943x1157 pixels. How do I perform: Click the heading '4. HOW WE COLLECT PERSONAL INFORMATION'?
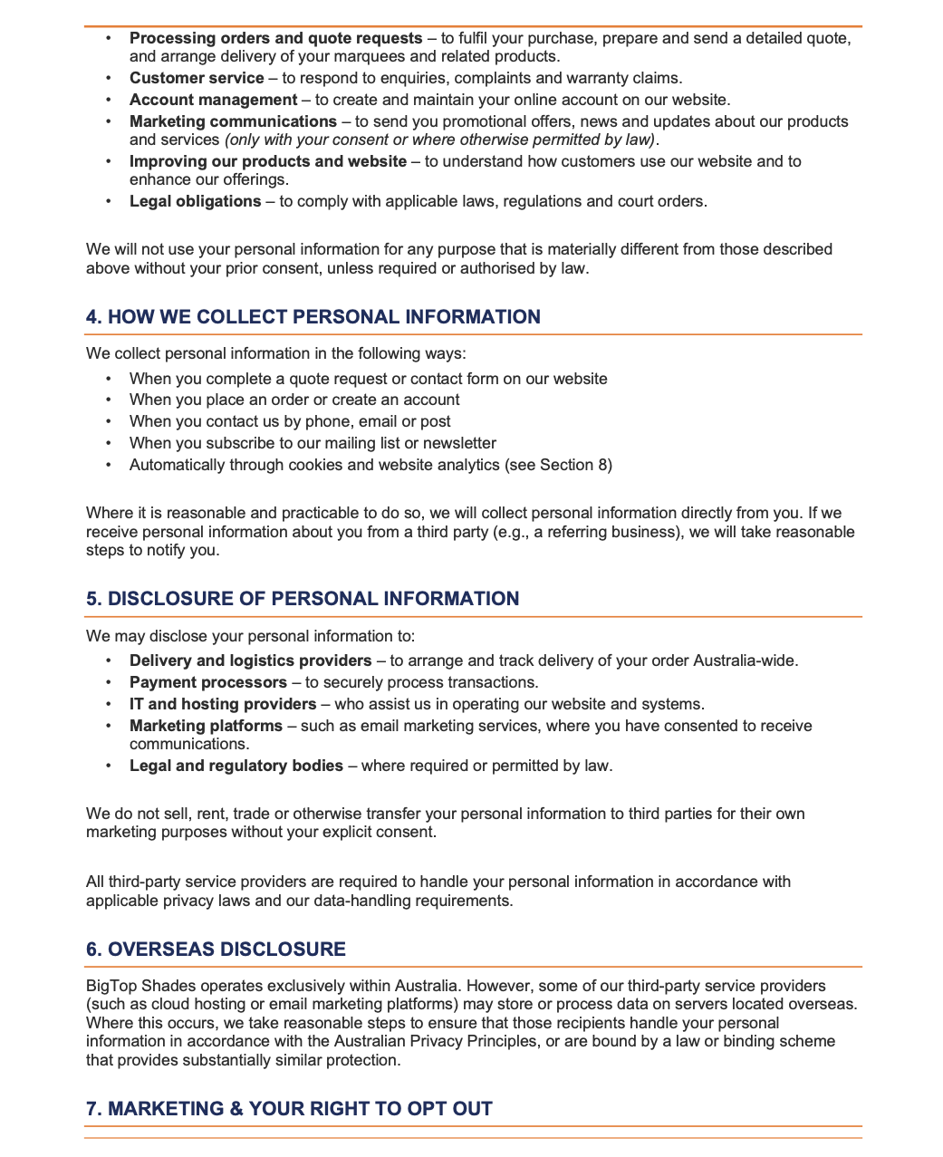point(313,317)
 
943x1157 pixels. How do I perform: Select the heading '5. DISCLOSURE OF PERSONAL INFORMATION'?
point(303,599)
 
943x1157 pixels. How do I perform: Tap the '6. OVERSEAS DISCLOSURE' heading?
point(216,950)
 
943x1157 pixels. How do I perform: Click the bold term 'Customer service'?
point(197,78)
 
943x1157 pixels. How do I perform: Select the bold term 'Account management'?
point(213,100)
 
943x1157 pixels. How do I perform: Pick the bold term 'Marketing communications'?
point(233,121)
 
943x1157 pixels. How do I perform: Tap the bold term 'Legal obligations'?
point(195,201)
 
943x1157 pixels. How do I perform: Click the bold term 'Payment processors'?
point(208,682)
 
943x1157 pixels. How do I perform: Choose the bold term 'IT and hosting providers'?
point(223,704)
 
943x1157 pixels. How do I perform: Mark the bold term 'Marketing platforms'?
point(206,726)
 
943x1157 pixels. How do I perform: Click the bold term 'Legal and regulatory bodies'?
point(236,766)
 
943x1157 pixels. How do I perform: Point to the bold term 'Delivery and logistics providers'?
point(250,660)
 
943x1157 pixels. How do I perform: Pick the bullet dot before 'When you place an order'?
point(109,400)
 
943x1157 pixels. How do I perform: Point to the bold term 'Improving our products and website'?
point(267,161)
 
